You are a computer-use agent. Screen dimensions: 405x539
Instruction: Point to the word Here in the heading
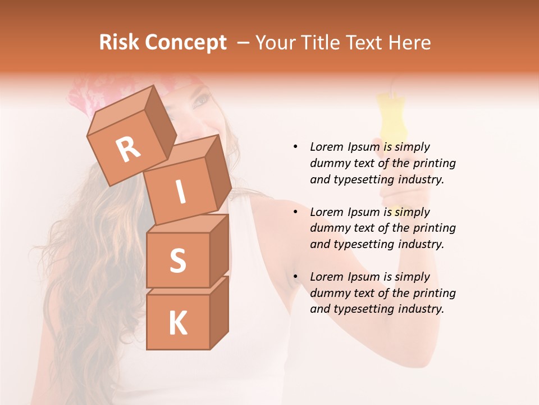(x=409, y=43)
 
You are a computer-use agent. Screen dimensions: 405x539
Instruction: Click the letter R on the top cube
(x=127, y=149)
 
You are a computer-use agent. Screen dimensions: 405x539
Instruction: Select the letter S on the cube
(x=177, y=260)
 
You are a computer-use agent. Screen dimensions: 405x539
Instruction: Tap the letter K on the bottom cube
(x=177, y=323)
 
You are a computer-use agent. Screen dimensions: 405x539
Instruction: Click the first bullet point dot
(x=295, y=147)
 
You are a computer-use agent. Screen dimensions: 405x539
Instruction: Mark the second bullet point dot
(x=295, y=212)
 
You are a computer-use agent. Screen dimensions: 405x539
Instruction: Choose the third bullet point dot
(x=295, y=277)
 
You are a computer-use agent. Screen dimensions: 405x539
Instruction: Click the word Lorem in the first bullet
(x=326, y=147)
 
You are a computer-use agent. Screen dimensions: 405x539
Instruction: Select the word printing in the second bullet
(x=434, y=228)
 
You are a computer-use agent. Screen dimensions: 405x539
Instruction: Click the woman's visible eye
(x=201, y=102)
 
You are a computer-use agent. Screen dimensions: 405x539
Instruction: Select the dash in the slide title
(x=244, y=43)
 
